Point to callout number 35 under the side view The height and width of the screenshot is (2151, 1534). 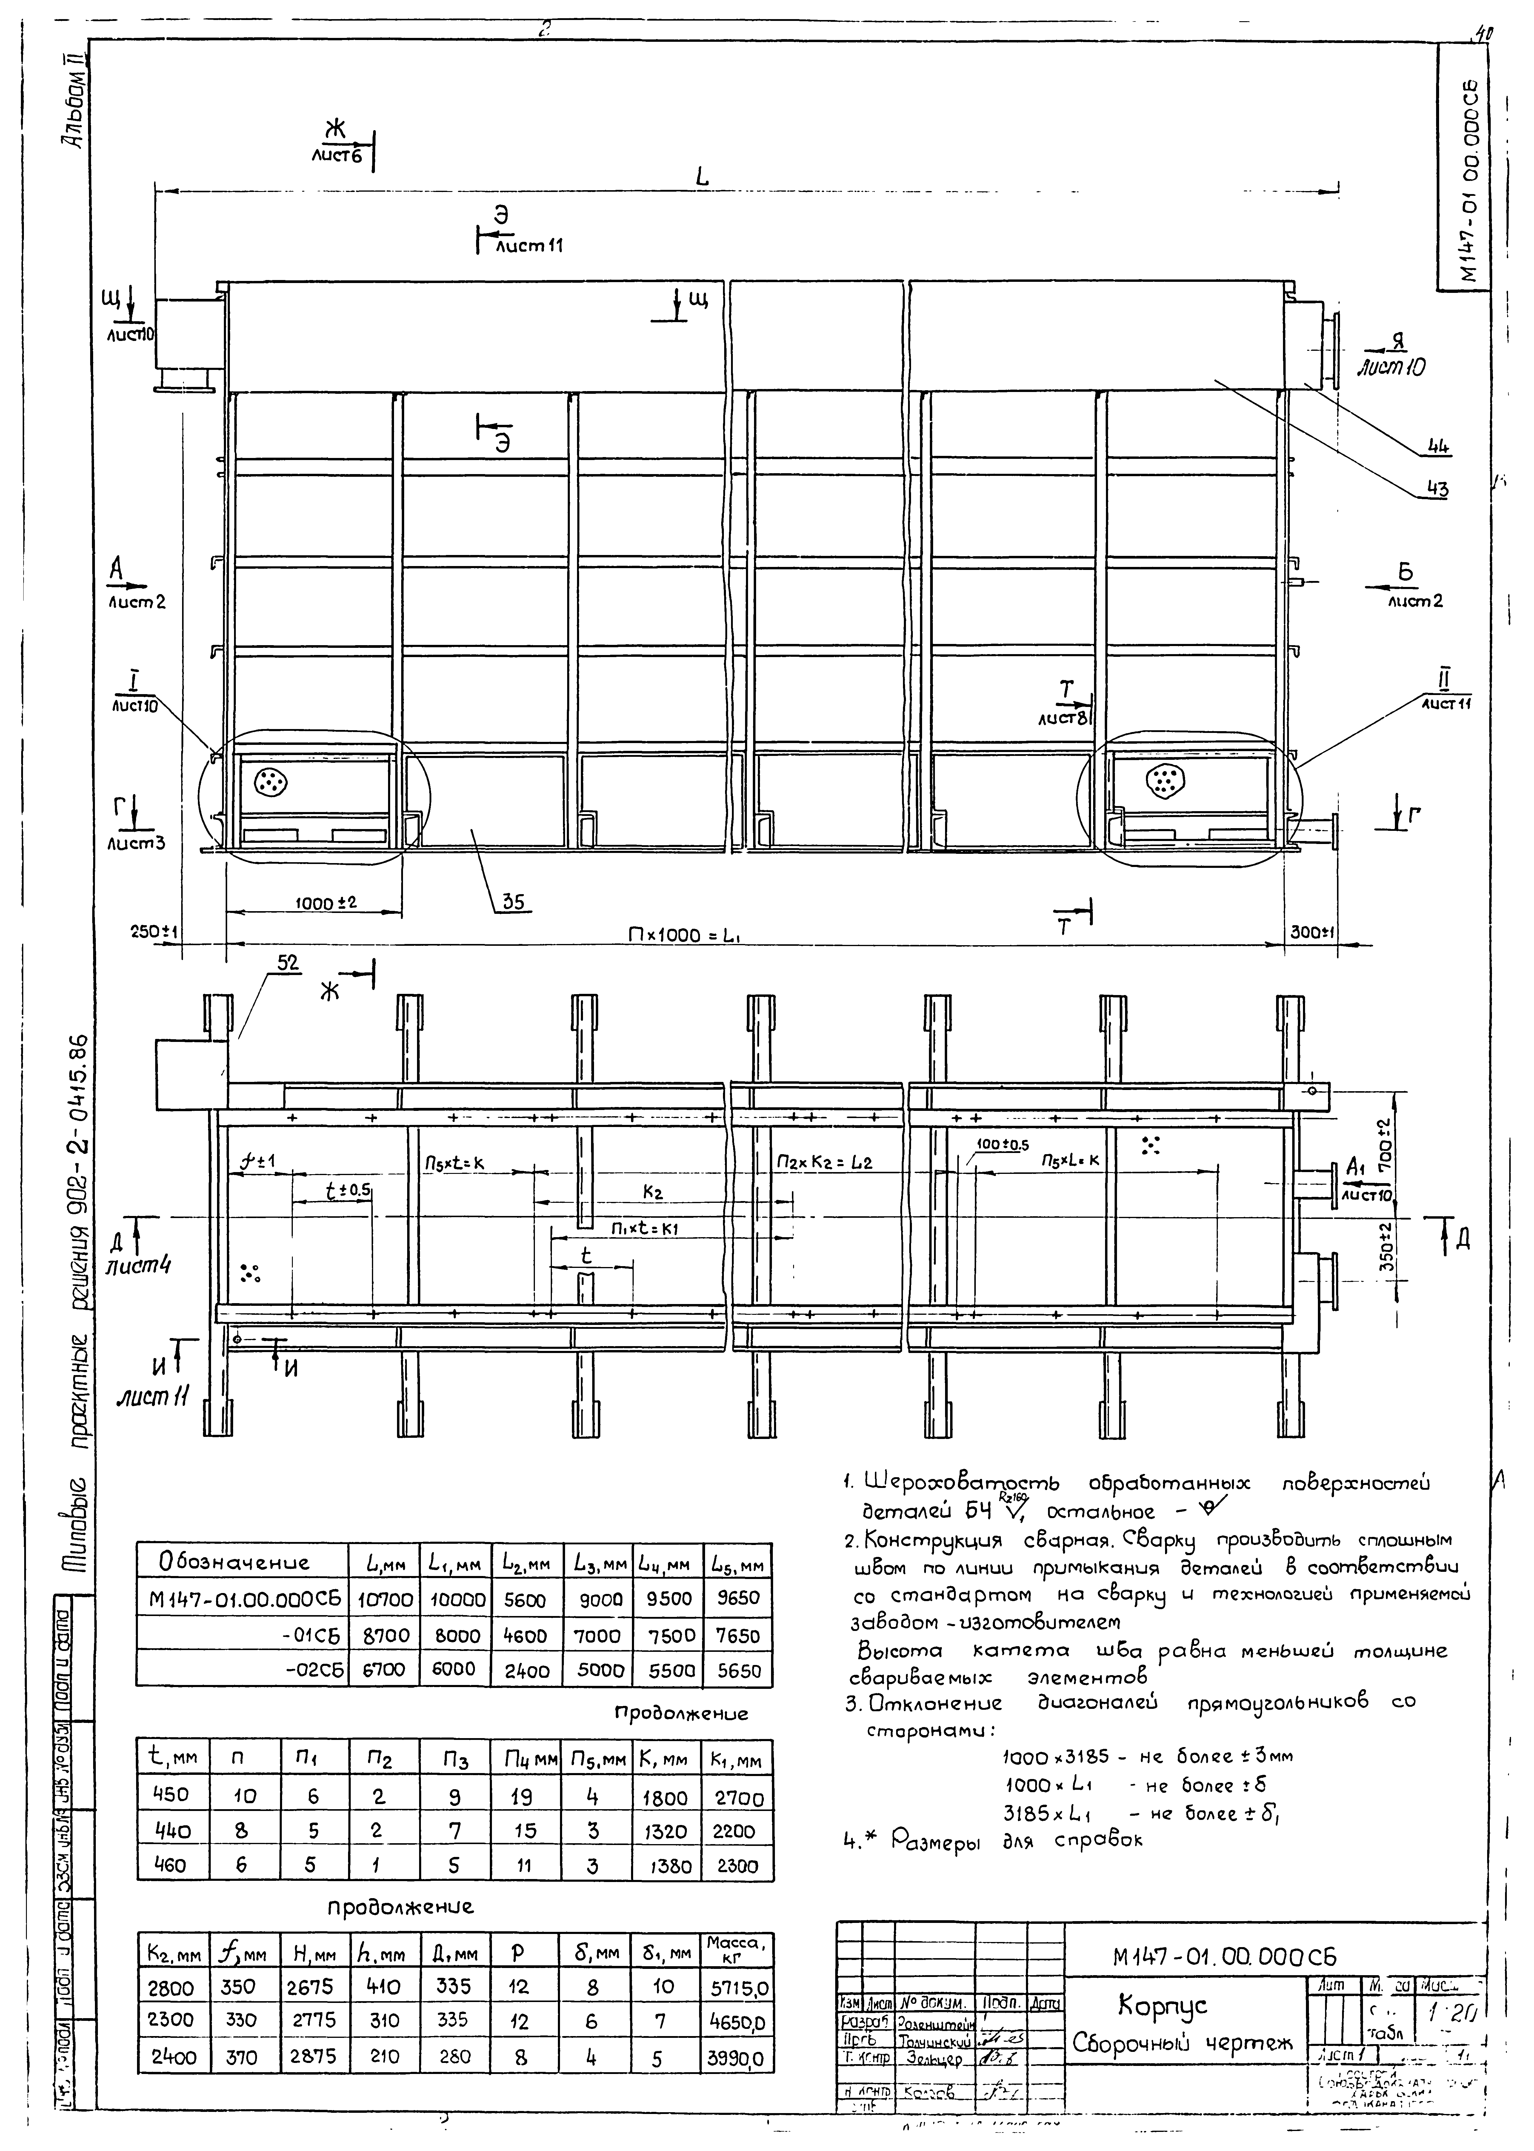[x=513, y=902]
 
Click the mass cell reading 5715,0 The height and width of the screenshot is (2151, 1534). [x=738, y=1989]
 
